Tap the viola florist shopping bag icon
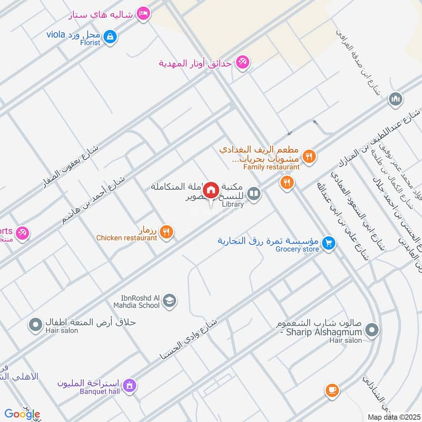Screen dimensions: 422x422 point(111,36)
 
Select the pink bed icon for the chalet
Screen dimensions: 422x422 point(142,14)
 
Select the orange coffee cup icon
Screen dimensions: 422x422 point(331,390)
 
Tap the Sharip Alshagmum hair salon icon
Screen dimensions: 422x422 point(372,330)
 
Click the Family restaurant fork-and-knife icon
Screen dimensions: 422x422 point(310,156)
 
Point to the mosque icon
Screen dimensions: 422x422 point(396,99)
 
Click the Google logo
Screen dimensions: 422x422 point(22,414)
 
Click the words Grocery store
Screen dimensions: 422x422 point(298,249)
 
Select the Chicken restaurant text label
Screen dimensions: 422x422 point(127,238)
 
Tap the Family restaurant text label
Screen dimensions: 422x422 point(271,167)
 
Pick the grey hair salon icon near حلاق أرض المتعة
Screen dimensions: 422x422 point(35,324)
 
